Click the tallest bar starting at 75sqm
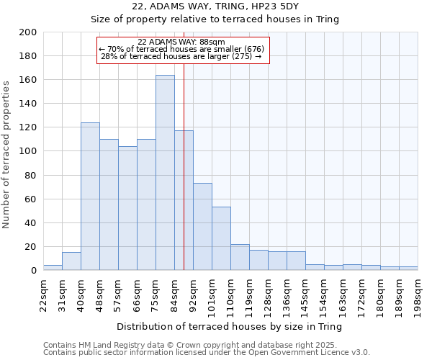165,173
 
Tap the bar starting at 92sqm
202,227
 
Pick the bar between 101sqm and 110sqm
221,238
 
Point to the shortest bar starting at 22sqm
53,268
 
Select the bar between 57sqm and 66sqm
127,209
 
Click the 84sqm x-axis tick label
174,294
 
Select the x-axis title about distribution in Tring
229,326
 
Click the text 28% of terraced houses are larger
181,56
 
